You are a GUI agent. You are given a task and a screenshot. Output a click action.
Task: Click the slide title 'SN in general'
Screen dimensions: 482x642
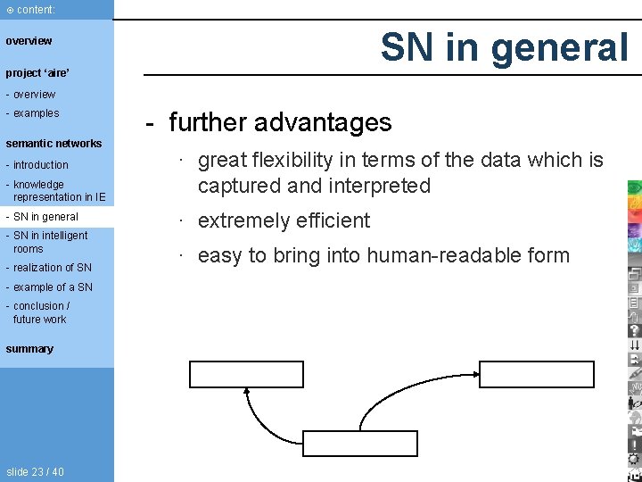click(504, 46)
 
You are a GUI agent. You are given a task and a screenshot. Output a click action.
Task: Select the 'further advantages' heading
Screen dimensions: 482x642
click(279, 122)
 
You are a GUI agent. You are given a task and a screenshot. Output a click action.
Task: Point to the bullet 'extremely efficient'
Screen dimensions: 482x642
click(284, 220)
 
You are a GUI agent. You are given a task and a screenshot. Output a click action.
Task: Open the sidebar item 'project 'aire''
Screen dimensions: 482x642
click(37, 73)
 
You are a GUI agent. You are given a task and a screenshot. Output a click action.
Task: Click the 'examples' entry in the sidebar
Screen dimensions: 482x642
click(36, 113)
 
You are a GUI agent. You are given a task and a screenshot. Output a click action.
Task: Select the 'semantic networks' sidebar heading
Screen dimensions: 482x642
click(53, 144)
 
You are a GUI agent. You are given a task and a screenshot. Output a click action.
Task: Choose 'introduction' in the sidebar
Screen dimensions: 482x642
click(40, 165)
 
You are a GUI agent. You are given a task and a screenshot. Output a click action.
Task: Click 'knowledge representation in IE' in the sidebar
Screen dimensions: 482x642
click(58, 191)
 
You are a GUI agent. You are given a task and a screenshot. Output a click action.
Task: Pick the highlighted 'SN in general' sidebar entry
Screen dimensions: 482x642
click(45, 217)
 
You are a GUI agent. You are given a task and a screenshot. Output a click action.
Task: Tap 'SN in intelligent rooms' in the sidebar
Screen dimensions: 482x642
click(50, 242)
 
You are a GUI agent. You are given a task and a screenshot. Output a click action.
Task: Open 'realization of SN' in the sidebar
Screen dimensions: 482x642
click(52, 268)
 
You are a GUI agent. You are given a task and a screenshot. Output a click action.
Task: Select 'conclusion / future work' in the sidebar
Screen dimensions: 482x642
click(41, 312)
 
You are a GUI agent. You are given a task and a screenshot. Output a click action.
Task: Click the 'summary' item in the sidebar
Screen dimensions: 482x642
click(29, 349)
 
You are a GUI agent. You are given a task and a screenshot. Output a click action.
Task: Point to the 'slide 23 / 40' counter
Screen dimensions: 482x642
click(35, 472)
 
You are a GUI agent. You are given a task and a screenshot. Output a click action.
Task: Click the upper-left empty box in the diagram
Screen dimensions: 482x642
click(246, 374)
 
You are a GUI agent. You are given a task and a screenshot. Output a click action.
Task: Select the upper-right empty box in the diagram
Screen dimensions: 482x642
click(537, 374)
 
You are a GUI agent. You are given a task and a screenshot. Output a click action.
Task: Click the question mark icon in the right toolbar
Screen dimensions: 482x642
click(634, 329)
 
